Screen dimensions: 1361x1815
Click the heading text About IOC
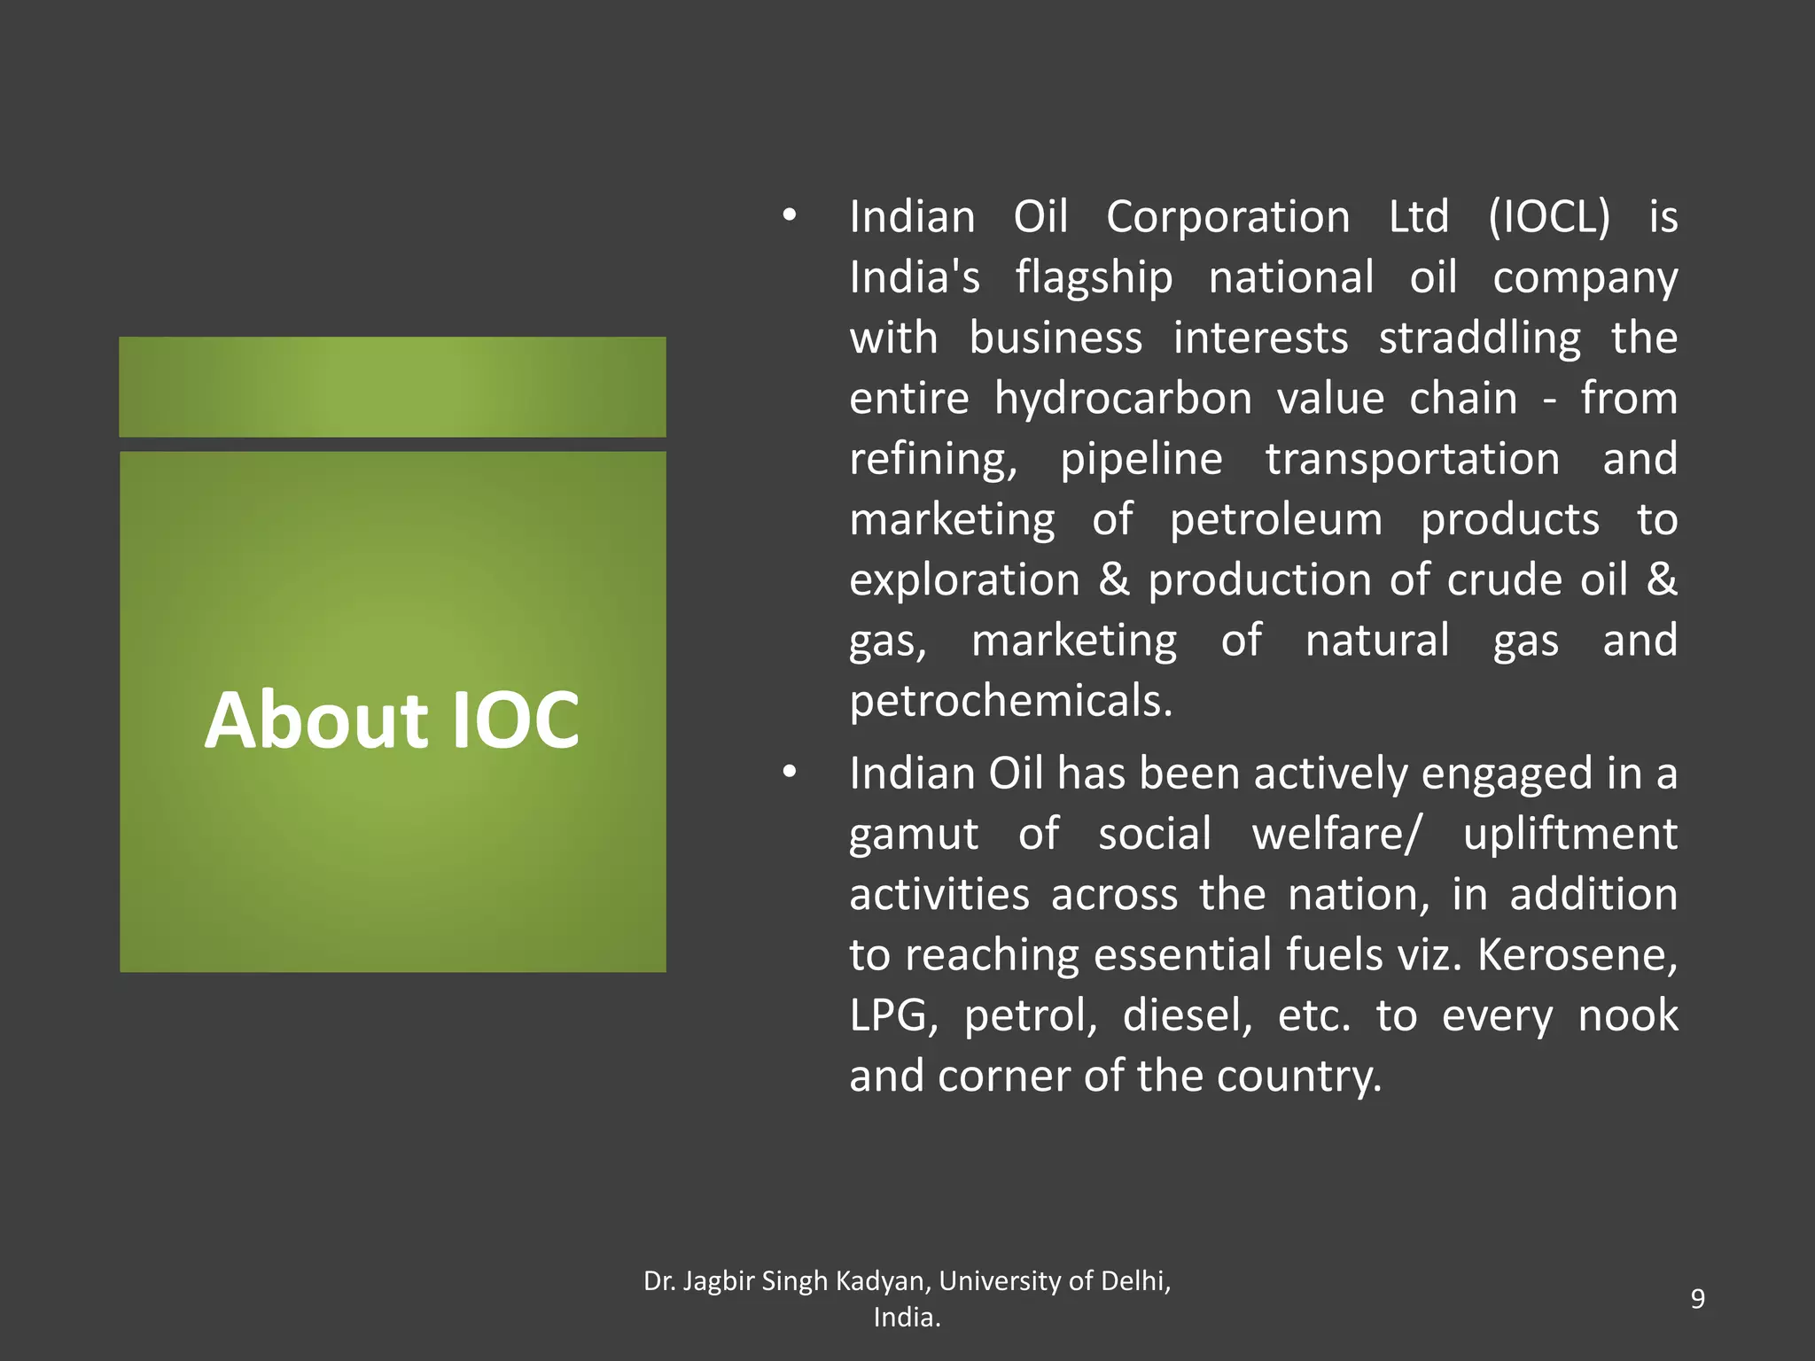392,719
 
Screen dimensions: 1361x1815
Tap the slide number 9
1697,1298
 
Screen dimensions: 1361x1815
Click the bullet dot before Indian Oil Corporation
789,215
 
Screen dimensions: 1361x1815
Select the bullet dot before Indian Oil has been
789,773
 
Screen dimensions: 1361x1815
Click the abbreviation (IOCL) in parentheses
1548,217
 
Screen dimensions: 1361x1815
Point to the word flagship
1094,278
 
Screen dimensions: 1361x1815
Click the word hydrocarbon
1123,399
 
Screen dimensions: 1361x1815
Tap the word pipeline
1141,460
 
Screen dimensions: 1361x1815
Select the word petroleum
1275,519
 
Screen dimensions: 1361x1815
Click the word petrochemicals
1010,702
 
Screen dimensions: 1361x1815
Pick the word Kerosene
1577,955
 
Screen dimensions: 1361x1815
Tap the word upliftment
1570,835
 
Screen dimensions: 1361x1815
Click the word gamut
913,835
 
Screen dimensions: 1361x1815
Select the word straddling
1479,338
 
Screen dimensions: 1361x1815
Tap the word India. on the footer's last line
907,1318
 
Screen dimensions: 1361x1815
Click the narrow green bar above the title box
392,386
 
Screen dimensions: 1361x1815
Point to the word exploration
964,580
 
